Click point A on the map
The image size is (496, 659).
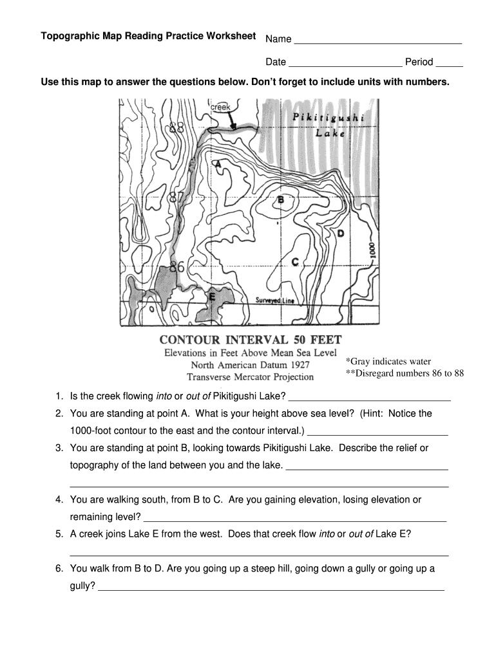pos(218,165)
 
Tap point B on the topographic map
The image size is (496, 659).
pos(280,200)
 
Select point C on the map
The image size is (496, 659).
pos(295,262)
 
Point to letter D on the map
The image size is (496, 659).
pos(340,234)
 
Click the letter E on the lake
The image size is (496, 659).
pos(212,297)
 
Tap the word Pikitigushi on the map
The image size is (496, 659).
pos(328,118)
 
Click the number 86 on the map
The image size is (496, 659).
pos(176,266)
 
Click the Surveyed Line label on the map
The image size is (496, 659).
pos(274,301)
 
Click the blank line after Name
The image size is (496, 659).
pos(378,42)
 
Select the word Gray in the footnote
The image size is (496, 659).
pos(361,362)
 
